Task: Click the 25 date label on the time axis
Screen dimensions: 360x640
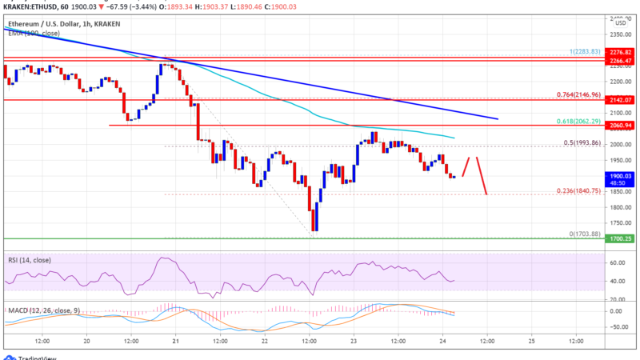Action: click(x=532, y=340)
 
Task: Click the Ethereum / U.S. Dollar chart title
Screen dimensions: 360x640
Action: click(x=46, y=16)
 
